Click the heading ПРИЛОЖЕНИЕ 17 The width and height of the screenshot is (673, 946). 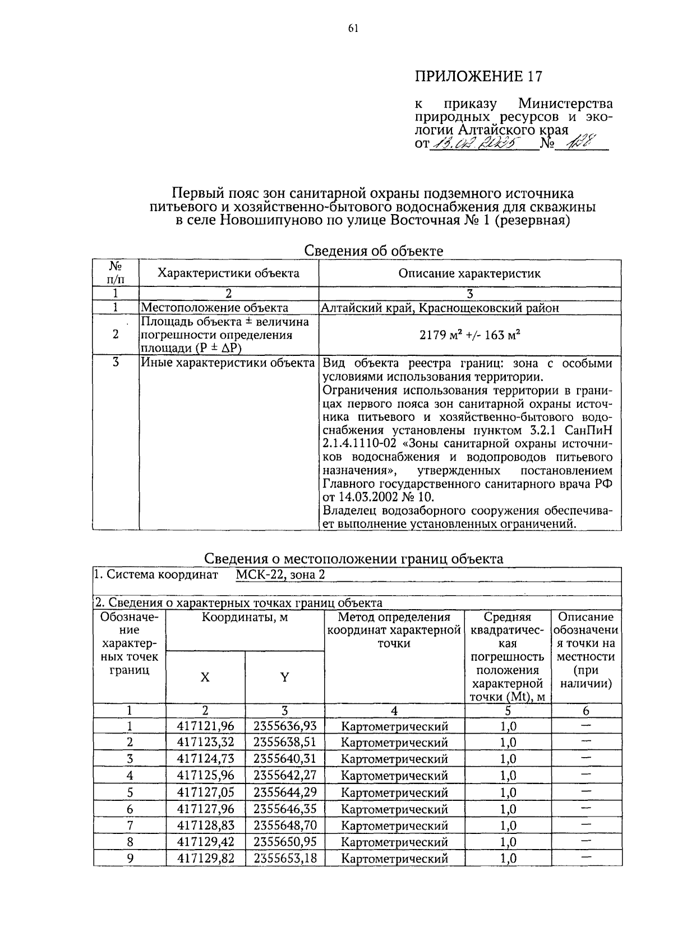pyautogui.click(x=478, y=76)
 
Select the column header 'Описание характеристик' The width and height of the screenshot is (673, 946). pyautogui.click(x=469, y=273)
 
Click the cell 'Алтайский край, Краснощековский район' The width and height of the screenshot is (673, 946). pyautogui.click(x=440, y=308)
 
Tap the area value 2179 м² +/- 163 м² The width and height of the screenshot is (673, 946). pyautogui.click(x=469, y=335)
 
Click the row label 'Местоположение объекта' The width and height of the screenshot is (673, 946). pyautogui.click(x=214, y=308)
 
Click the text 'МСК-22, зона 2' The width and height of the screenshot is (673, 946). pyautogui.click(x=280, y=574)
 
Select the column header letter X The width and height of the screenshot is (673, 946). pyautogui.click(x=205, y=678)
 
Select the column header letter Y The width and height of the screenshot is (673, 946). pyautogui.click(x=284, y=678)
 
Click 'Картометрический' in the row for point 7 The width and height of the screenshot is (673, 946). pyautogui.click(x=394, y=826)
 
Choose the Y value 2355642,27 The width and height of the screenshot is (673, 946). pyautogui.click(x=284, y=776)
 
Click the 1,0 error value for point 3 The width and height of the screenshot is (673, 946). pyautogui.click(x=508, y=759)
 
